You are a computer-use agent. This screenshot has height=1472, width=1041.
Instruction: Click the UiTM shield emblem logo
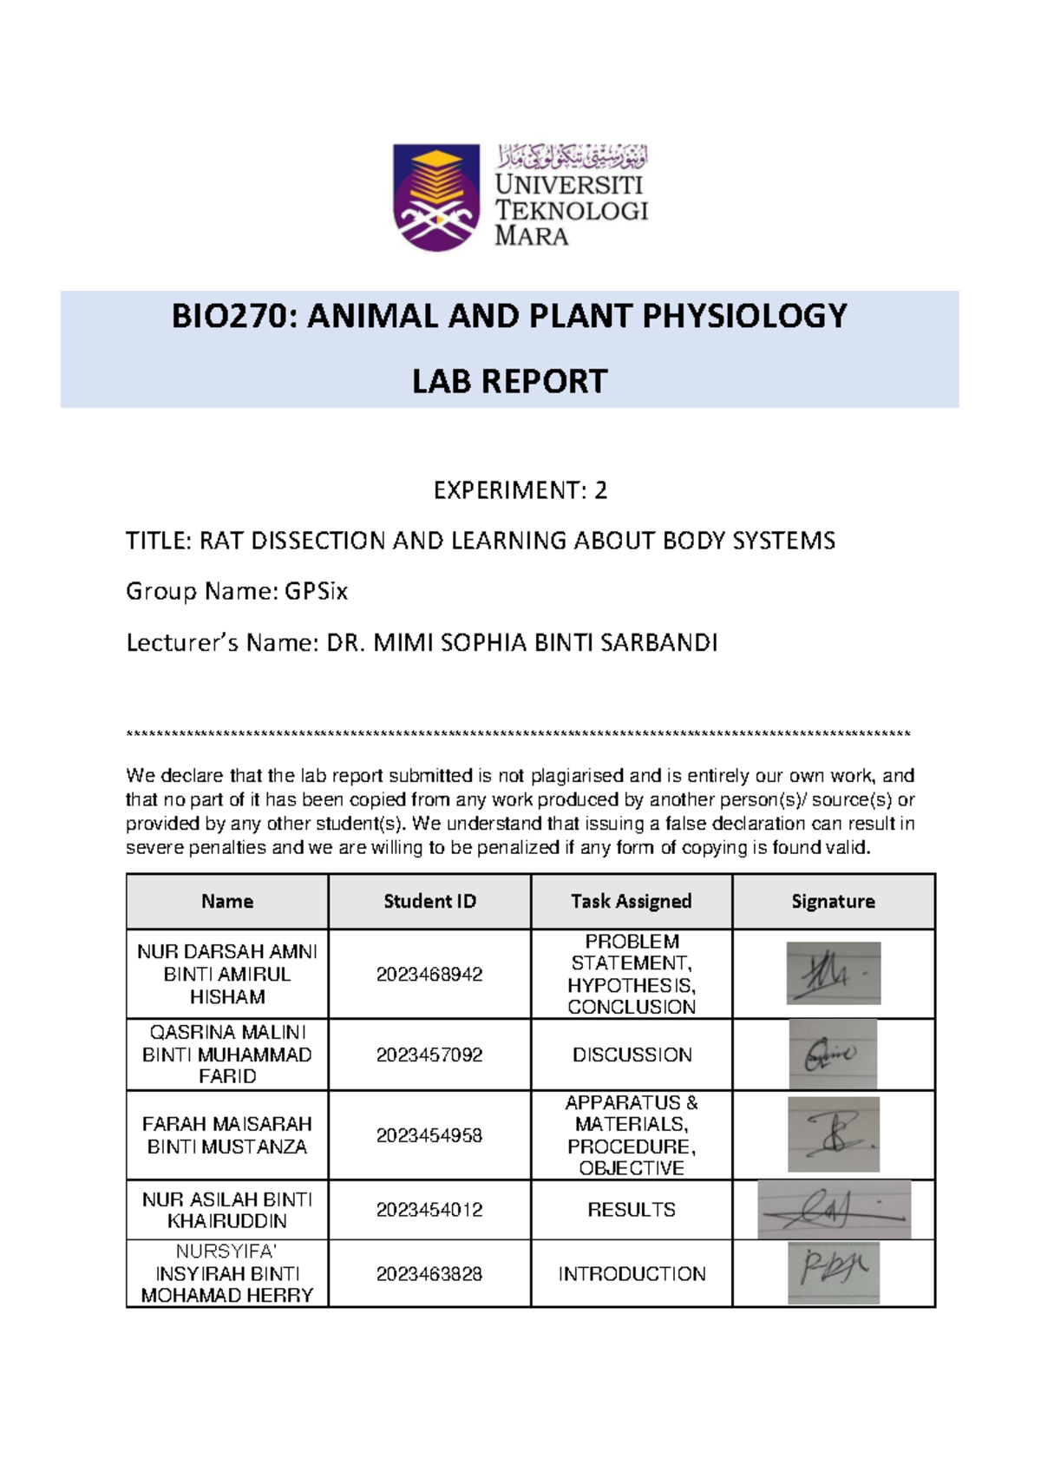(x=435, y=197)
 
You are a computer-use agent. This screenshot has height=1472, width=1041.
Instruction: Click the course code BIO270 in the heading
(x=226, y=316)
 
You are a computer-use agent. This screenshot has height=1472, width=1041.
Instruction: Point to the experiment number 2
(x=600, y=491)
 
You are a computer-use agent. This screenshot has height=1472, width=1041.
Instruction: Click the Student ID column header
(x=429, y=902)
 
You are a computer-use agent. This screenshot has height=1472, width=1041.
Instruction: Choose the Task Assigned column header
(x=631, y=902)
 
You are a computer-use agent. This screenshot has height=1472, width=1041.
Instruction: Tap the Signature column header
(x=833, y=902)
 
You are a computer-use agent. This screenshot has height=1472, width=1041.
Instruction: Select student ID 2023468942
(x=429, y=975)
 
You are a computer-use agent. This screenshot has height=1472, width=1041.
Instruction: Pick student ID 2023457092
(x=429, y=1055)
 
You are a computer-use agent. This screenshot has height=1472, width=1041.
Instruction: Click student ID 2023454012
(x=429, y=1210)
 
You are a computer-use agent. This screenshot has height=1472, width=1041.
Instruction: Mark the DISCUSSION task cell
(x=632, y=1055)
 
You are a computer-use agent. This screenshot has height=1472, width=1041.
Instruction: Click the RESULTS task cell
(x=631, y=1210)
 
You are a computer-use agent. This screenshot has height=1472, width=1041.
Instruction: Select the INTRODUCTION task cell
(x=632, y=1274)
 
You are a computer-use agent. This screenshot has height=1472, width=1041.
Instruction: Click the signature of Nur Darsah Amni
(x=833, y=974)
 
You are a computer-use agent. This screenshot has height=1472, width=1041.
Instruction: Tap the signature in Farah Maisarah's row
(x=833, y=1134)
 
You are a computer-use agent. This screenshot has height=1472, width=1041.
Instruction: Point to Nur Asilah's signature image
(x=834, y=1209)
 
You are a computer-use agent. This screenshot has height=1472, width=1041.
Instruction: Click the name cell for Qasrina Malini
(x=227, y=1055)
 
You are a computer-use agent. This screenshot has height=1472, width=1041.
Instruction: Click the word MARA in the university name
(x=531, y=236)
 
